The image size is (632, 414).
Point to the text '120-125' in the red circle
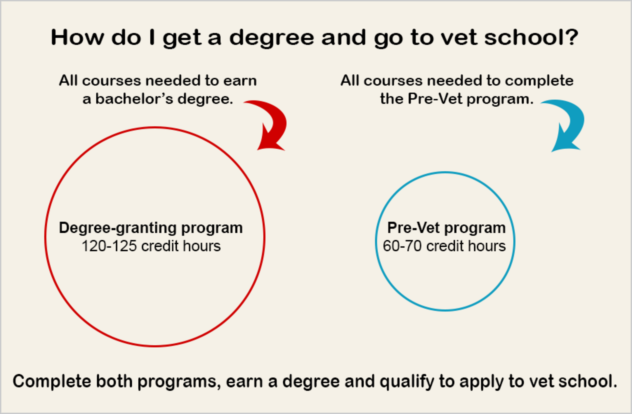pyautogui.click(x=109, y=246)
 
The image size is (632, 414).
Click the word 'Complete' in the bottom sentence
pyautogui.click(x=52, y=382)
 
